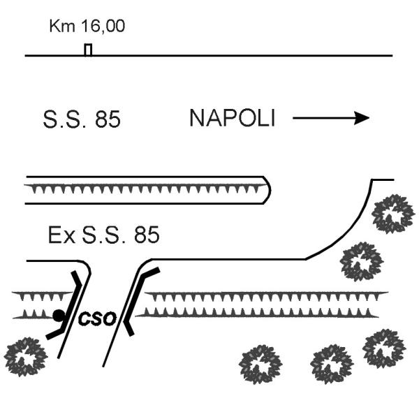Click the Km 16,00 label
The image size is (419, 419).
coord(87,26)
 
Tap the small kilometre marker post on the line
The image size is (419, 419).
coord(88,50)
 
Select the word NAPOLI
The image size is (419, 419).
coord(232,118)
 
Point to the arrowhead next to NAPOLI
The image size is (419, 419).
coord(362,118)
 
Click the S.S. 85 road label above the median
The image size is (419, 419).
coord(82,119)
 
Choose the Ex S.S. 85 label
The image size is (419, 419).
coord(103,235)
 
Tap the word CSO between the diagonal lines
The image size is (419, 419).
coord(98,318)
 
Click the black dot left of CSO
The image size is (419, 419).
coord(59,316)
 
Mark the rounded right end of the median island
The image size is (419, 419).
coord(268,190)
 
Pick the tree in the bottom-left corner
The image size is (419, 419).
coord(26,358)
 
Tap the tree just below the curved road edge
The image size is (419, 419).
coord(362,262)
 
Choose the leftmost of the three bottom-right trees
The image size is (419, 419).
coord(260,365)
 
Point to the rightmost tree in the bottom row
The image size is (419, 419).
coord(385,348)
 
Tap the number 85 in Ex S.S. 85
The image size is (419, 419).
coord(147,235)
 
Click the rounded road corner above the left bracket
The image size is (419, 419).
coord(87,266)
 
